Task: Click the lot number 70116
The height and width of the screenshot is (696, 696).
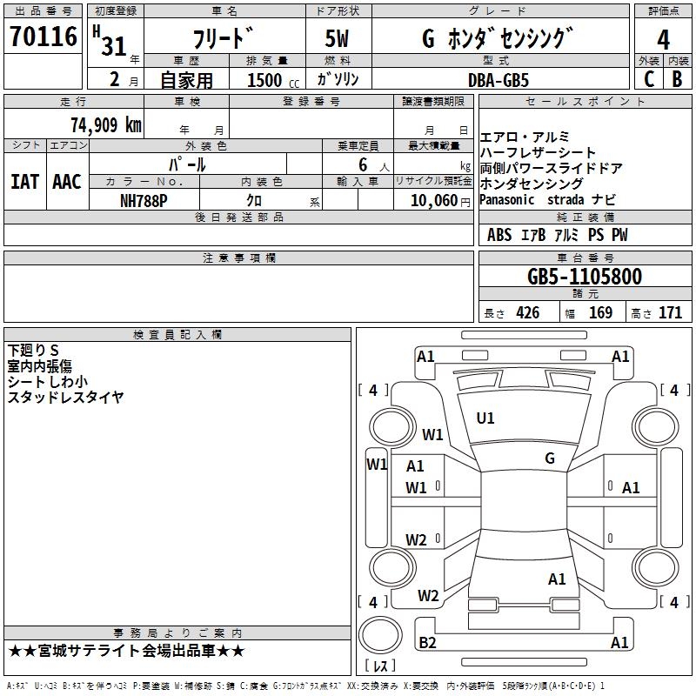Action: [x=43, y=37]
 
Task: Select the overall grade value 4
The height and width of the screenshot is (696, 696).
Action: [x=663, y=40]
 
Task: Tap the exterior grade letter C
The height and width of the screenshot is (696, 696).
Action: [x=649, y=79]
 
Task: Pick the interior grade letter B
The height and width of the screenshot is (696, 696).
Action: [x=677, y=79]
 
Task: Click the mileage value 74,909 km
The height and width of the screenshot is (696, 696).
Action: [x=106, y=125]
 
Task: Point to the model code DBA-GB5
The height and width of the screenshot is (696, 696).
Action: [x=499, y=80]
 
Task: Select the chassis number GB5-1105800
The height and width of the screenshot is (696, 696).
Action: [x=585, y=277]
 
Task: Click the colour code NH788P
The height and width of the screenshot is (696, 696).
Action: [x=144, y=201]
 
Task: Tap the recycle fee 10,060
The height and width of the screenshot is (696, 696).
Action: [x=433, y=201]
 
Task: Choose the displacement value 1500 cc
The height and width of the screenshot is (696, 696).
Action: [x=273, y=81]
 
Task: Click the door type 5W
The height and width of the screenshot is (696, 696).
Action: [x=337, y=38]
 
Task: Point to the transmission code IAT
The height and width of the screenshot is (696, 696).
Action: [x=24, y=182]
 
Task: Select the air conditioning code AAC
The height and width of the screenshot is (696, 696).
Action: [x=67, y=182]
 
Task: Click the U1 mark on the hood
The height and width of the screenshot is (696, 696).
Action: [x=485, y=418]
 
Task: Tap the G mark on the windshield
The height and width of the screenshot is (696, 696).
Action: [x=550, y=458]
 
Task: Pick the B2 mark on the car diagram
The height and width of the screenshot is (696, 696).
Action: [x=427, y=642]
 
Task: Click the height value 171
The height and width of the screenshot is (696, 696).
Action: [x=670, y=313]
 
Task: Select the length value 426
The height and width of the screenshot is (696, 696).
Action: [x=528, y=313]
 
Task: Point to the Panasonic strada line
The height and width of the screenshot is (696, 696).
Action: [x=547, y=200]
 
